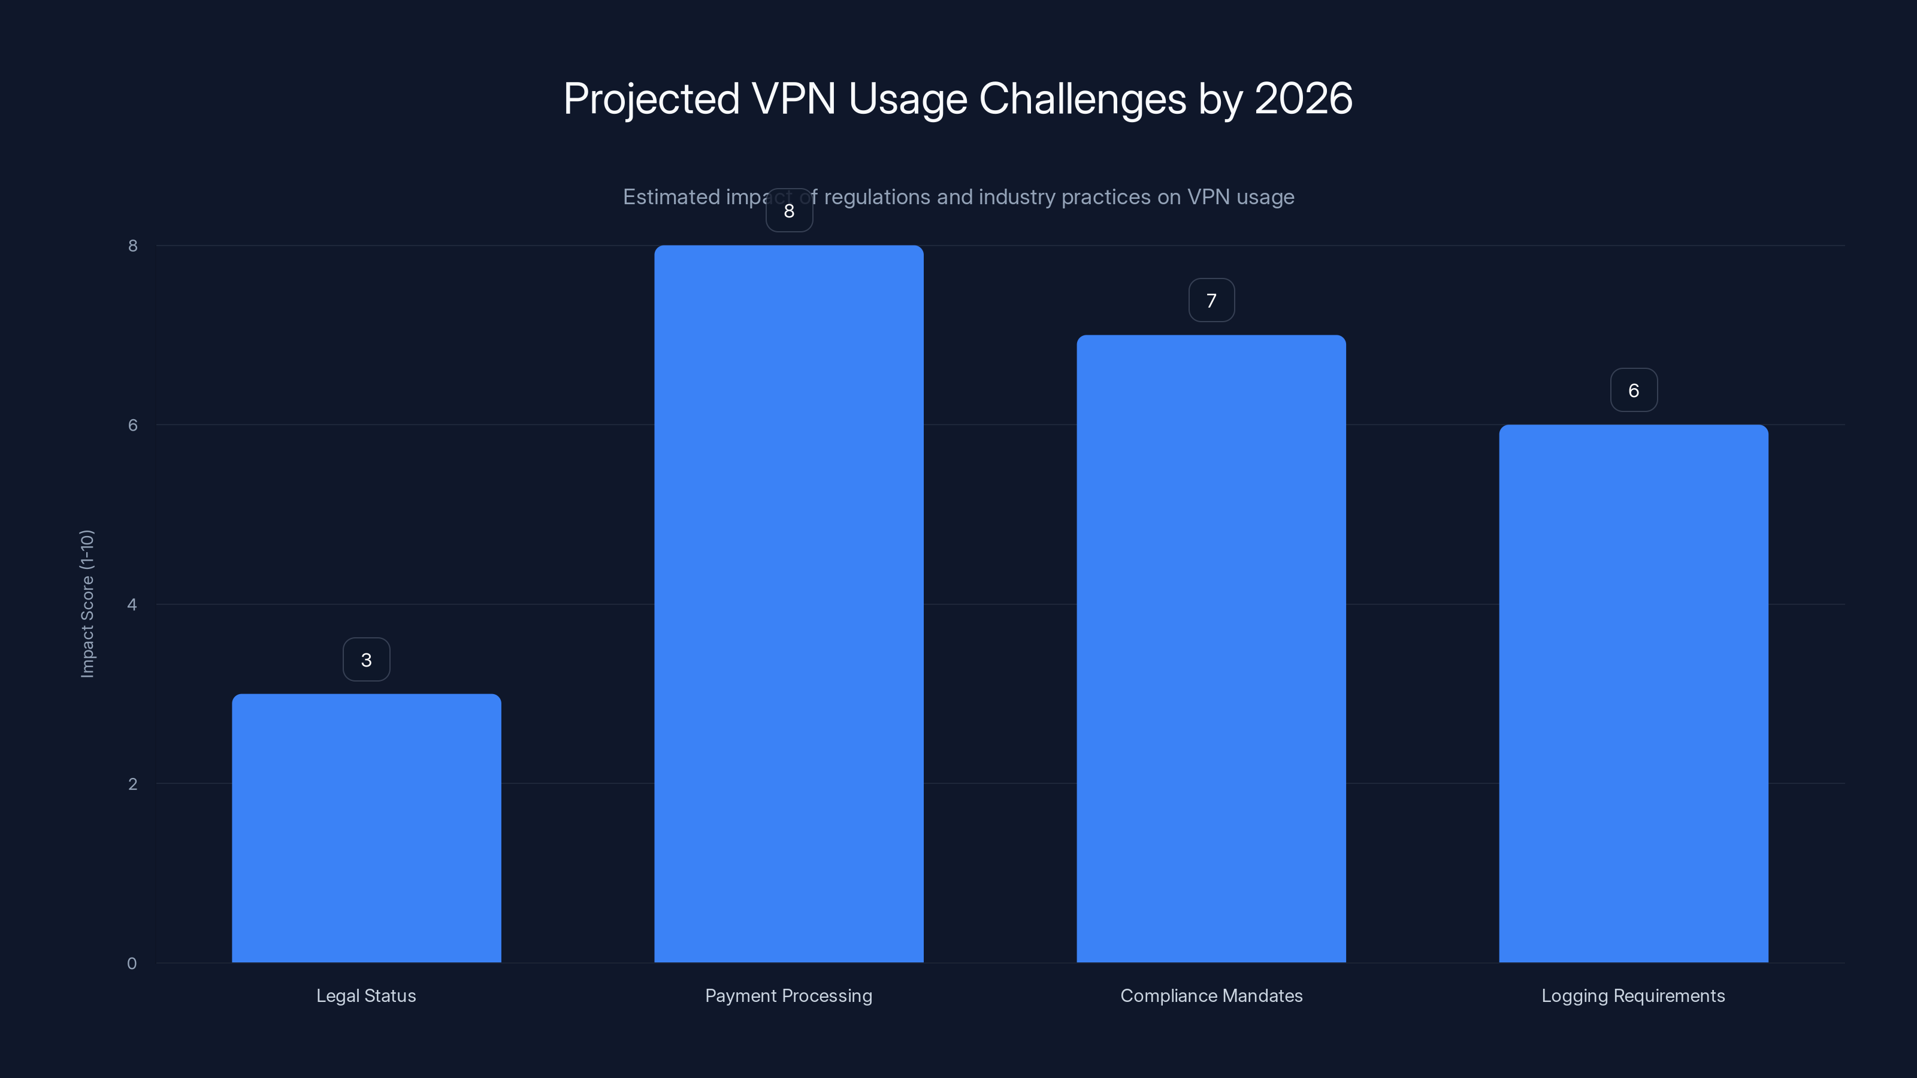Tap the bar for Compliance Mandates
pyautogui.click(x=1211, y=648)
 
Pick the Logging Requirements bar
pyautogui.click(x=1634, y=693)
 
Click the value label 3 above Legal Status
pyautogui.click(x=366, y=659)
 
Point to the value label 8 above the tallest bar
pyautogui.click(x=789, y=211)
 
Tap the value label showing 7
pyautogui.click(x=1211, y=301)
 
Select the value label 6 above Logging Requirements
pyautogui.click(x=1634, y=390)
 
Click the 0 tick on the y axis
pyautogui.click(x=132, y=964)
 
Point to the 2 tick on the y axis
pyautogui.click(x=132, y=783)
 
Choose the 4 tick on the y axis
pyautogui.click(x=132, y=604)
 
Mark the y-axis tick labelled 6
pyautogui.click(x=132, y=425)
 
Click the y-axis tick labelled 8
pyautogui.click(x=132, y=246)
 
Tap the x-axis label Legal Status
pyautogui.click(x=366, y=995)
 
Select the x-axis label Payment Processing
pyautogui.click(x=789, y=995)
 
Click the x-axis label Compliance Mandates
pyautogui.click(x=1211, y=995)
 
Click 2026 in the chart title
pyautogui.click(x=1303, y=99)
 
